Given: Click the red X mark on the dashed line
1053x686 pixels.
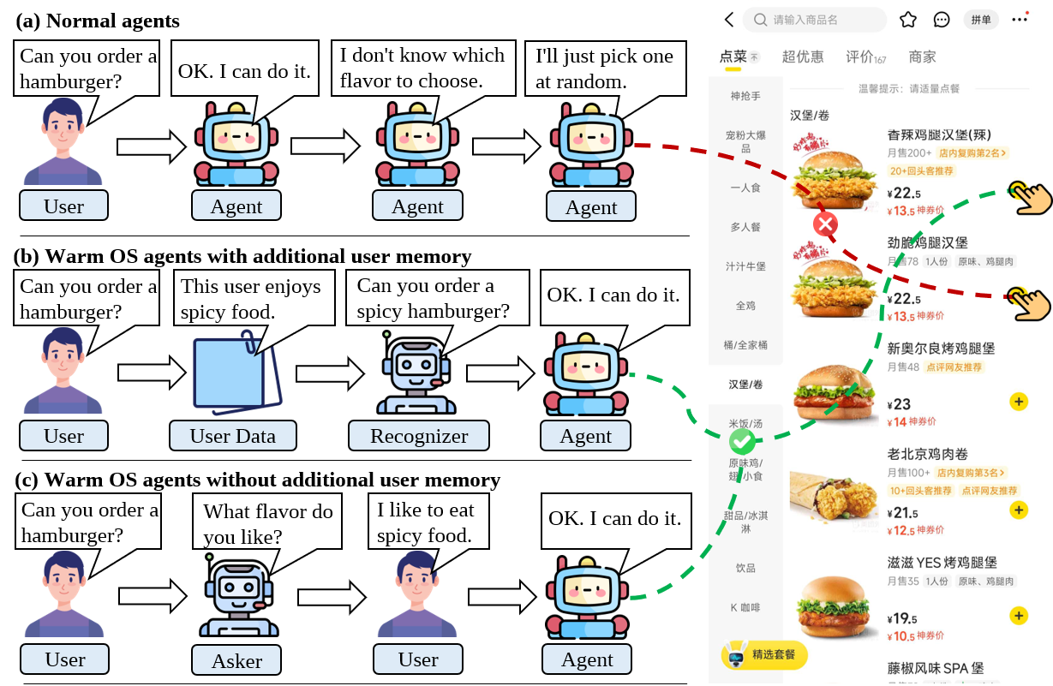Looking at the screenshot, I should point(825,225).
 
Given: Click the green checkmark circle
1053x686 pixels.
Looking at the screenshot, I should point(742,442).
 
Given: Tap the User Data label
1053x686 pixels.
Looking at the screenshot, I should point(232,436).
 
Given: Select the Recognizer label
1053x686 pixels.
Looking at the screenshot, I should point(419,436).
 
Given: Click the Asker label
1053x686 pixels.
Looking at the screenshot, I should point(237,661).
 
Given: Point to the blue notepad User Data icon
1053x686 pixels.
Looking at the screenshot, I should point(229,374).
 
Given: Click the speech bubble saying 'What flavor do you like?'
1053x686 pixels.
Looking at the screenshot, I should point(267,524).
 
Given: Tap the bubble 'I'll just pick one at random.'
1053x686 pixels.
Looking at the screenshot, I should point(604,69).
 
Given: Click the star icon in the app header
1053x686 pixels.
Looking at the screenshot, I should point(908,20).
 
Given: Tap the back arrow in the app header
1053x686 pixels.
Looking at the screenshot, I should point(729,20).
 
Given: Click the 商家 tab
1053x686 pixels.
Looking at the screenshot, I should point(923,57).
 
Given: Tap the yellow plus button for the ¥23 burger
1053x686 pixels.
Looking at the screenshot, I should point(1019,402).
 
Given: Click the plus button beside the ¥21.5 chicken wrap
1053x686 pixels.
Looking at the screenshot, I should point(1019,510).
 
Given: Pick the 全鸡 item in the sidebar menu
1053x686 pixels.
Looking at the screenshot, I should point(745,306).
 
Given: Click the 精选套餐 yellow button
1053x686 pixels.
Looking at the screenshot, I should point(764,655).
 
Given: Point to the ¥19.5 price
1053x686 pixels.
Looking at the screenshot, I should point(902,619).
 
